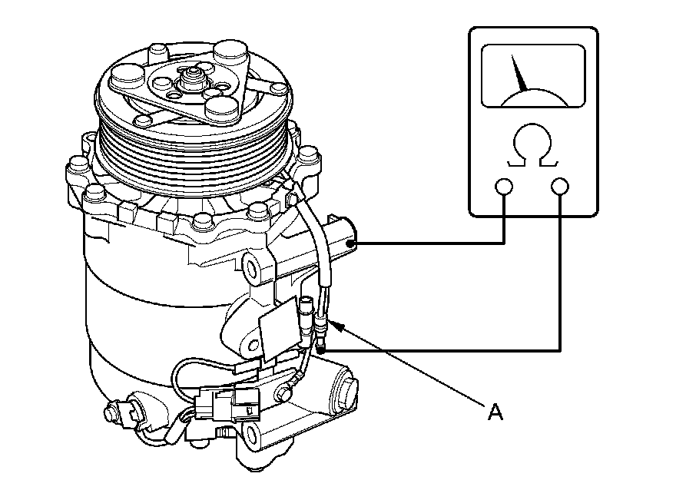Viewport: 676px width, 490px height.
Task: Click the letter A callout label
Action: [496, 412]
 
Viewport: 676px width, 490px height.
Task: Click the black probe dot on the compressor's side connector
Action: [351, 243]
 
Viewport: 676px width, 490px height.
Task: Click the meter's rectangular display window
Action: [532, 75]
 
